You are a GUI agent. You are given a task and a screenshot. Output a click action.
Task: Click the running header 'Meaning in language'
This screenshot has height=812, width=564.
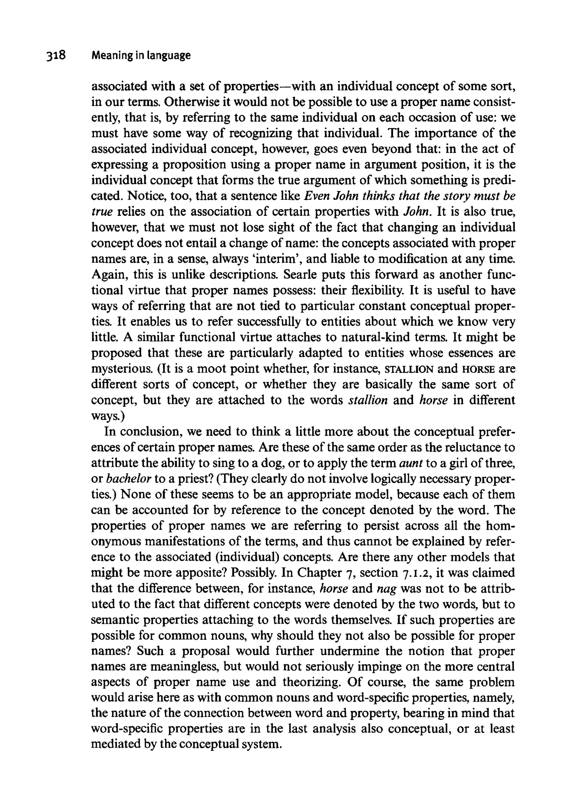141,55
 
